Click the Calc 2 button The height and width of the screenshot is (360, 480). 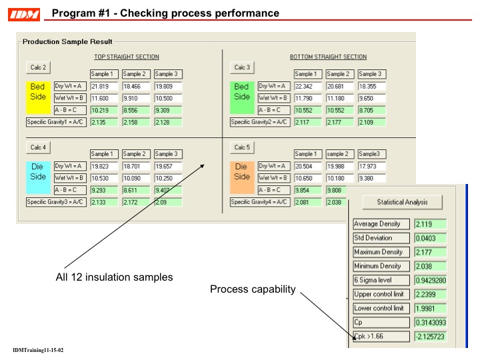coord(39,67)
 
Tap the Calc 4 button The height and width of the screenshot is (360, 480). coord(39,147)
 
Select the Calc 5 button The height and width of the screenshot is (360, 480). coord(242,147)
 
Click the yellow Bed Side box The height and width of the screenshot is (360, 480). coord(38,91)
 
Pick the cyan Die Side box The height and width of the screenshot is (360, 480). coord(38,171)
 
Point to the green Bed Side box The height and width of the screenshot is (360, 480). coord(242,91)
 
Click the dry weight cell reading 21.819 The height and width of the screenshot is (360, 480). coord(103,86)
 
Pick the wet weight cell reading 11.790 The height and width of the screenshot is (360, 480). coord(307,98)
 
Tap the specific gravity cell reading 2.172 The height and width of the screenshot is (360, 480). coord(135,202)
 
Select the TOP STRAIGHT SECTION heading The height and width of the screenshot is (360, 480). coord(126,57)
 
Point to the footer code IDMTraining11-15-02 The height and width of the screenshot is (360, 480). coord(38,351)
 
